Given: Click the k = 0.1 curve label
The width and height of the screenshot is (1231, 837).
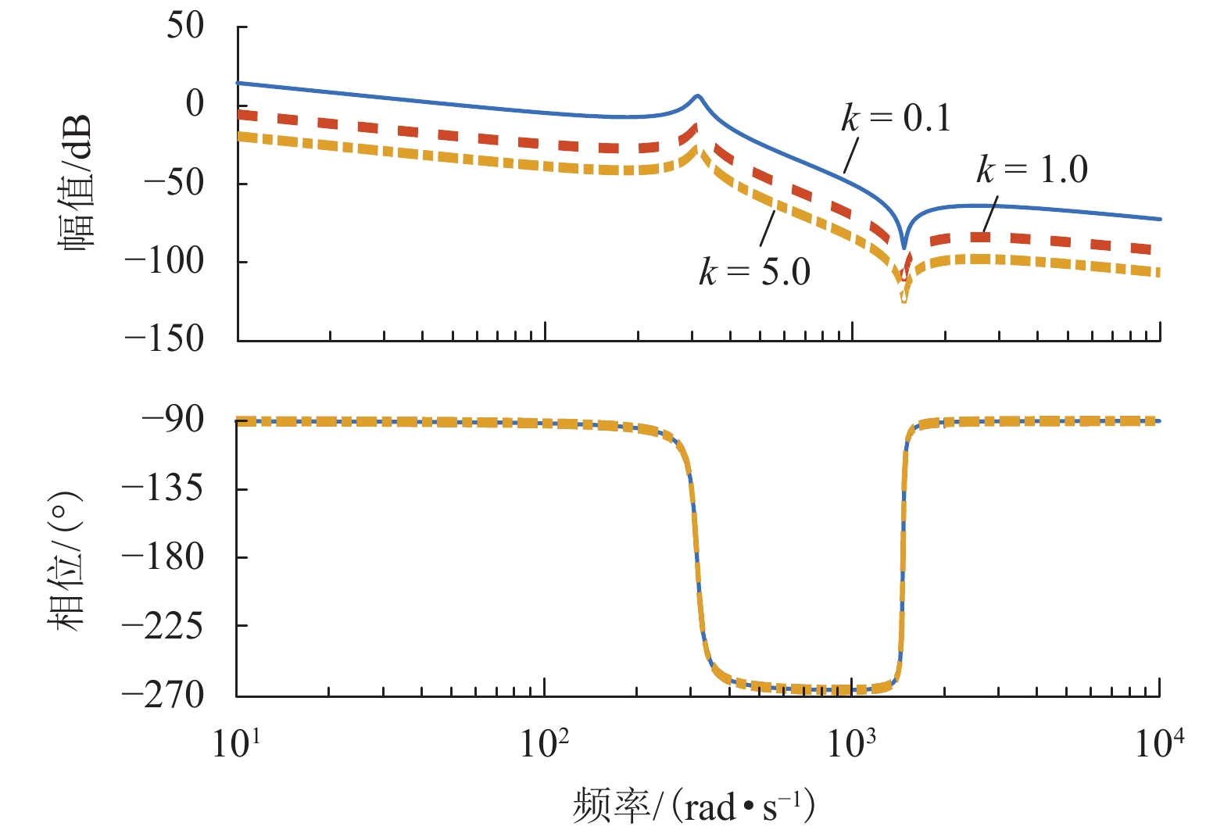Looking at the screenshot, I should coord(896,118).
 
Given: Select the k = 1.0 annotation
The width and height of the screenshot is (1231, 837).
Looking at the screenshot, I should coord(1032,170).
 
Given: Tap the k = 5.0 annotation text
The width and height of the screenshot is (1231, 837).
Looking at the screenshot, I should coord(754,272).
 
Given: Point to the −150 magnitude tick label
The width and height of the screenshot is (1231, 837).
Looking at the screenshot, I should coord(164,339).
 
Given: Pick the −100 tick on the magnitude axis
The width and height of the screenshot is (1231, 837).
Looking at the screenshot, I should coord(164,261).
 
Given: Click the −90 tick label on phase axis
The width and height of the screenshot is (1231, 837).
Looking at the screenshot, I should coord(172,420).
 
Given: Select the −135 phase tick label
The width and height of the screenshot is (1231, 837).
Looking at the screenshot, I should coord(163,488).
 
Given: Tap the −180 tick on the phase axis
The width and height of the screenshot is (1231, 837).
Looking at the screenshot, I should coord(163,557).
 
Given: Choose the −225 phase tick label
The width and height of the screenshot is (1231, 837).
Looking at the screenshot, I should coord(163,626).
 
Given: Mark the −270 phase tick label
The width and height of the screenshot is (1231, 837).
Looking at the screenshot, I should coord(163,694).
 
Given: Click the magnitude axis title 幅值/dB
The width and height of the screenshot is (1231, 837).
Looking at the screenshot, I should coord(76,181).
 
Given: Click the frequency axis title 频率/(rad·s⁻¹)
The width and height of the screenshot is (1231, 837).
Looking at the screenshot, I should coord(694,807).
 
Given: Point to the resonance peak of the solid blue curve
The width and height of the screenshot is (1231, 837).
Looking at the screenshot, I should coord(698,96).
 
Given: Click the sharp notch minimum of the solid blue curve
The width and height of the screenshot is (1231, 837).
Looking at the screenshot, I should coord(904,247).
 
